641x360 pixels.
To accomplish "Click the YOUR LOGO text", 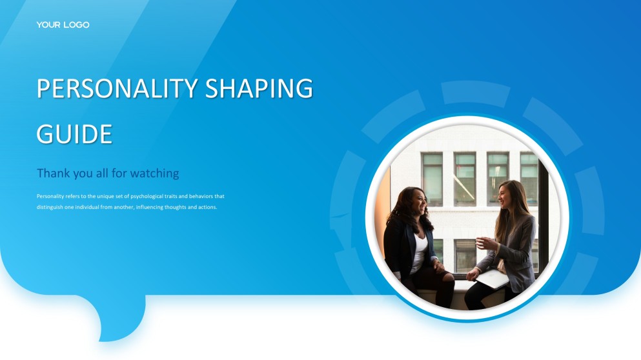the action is [63, 25].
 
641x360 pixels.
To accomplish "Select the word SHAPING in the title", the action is [259, 88].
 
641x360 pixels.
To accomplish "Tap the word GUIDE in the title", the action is [74, 134].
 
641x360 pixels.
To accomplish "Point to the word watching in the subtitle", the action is [154, 174].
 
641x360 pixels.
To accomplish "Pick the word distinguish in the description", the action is [50, 207].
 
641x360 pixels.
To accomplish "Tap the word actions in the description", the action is [207, 207].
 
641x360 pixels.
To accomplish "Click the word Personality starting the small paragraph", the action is [50, 197].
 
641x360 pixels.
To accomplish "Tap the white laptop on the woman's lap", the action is [493, 278].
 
